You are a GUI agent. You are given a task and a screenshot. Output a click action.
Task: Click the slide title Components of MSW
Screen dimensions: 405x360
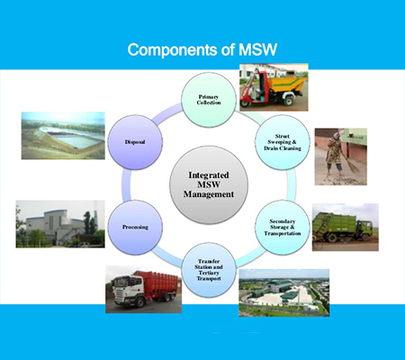point(202,49)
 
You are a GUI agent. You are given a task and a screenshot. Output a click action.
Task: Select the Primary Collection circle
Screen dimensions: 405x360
point(209,100)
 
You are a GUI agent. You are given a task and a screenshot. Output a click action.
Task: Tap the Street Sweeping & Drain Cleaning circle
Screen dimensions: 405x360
point(283,142)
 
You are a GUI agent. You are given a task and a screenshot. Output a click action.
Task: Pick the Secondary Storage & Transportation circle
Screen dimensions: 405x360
point(283,228)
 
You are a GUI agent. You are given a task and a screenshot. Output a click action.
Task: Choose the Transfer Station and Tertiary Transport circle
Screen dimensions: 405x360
point(209,270)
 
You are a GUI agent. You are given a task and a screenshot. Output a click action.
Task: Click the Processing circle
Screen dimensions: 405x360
point(135,228)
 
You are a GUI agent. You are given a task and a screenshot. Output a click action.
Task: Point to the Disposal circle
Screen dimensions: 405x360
point(135,142)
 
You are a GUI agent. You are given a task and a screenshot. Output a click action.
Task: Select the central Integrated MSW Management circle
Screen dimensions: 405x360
point(209,184)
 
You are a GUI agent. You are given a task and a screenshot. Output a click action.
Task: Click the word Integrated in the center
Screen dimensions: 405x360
point(209,175)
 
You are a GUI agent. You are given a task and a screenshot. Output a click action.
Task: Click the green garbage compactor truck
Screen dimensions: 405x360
point(342,227)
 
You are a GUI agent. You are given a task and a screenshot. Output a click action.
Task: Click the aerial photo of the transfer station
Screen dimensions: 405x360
point(284,292)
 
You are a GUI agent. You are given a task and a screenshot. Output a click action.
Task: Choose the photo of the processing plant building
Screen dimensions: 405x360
point(60,224)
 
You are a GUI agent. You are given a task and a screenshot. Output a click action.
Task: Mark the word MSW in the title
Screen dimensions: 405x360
point(257,49)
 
